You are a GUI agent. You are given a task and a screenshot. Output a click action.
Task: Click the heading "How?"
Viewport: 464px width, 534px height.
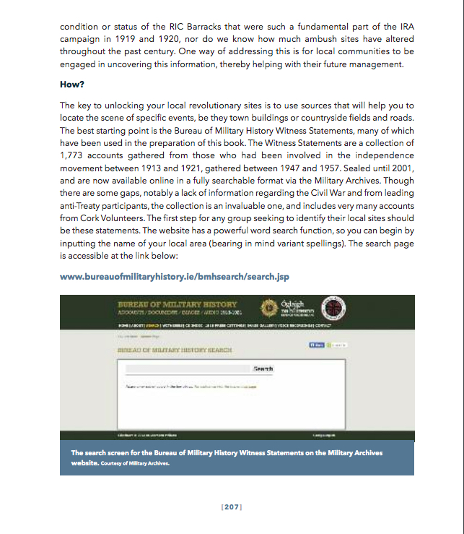pyautogui.click(x=72, y=85)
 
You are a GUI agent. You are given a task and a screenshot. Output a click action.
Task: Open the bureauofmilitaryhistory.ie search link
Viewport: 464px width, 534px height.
pyautogui.click(x=175, y=277)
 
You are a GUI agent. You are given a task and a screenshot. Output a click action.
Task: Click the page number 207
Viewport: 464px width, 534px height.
pyautogui.click(x=232, y=507)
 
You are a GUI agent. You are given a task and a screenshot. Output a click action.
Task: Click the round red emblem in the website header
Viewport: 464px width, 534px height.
pyautogui.click(x=334, y=308)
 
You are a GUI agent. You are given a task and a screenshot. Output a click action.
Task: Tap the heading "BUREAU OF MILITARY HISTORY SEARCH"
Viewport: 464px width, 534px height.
pyautogui.click(x=175, y=350)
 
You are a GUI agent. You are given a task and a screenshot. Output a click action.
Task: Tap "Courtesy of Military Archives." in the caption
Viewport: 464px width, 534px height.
pyautogui.click(x=135, y=463)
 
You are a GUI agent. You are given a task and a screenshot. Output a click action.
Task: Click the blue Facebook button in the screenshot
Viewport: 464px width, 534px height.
pyautogui.click(x=316, y=345)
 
